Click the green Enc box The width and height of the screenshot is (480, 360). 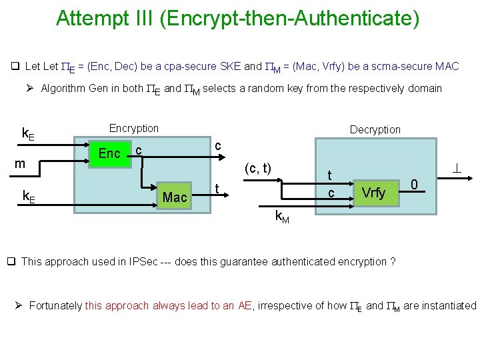coord(109,154)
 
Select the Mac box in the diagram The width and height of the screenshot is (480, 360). coord(175,197)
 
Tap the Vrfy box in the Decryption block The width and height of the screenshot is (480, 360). coord(373,193)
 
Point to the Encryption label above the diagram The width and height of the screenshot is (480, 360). coord(133,128)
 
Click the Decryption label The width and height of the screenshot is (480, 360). coord(375,129)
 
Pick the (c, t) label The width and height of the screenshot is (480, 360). coord(257,169)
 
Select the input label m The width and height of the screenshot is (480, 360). coord(21,164)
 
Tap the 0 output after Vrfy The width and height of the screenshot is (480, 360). coord(414,184)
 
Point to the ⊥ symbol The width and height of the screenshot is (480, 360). coord(457,170)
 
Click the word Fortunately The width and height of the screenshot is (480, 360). coord(56,306)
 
